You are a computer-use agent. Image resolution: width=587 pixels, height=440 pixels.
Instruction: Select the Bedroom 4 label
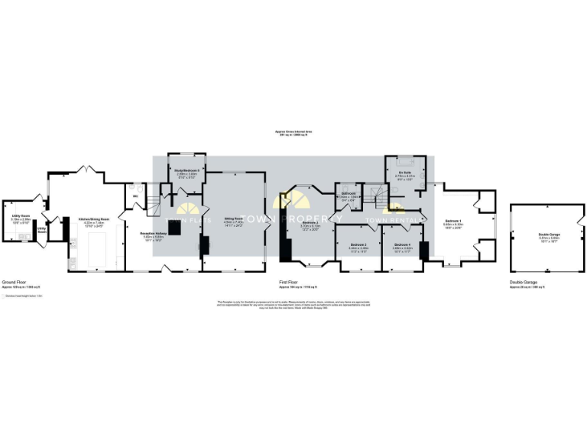click(403, 247)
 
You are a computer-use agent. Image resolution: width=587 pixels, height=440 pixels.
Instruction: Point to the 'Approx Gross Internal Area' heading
click(293, 131)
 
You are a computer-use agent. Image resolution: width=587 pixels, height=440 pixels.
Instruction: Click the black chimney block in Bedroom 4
click(423, 251)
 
